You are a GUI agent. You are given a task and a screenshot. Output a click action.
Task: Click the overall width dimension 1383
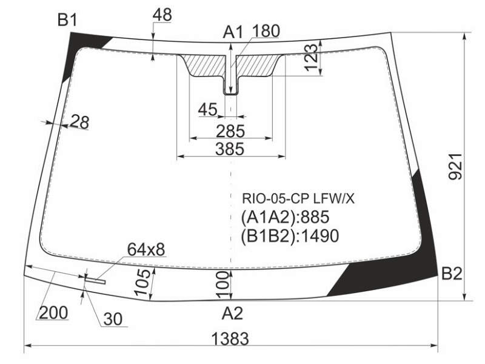pyautogui.click(x=230, y=338)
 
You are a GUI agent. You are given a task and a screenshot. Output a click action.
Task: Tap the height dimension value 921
pyautogui.click(x=456, y=166)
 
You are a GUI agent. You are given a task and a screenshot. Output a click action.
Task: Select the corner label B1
pyautogui.click(x=67, y=21)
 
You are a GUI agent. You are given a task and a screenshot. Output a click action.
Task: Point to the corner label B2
pyautogui.click(x=452, y=274)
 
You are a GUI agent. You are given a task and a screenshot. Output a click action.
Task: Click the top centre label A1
pyautogui.click(x=233, y=32)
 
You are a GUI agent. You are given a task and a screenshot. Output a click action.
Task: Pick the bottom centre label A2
pyautogui.click(x=232, y=313)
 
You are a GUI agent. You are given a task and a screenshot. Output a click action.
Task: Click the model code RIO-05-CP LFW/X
pyautogui.click(x=298, y=199)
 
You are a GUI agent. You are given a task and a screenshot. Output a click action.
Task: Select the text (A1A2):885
pyautogui.click(x=285, y=217)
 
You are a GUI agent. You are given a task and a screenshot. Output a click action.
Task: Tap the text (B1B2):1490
pyautogui.click(x=290, y=236)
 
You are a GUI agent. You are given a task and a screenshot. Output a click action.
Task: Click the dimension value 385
pyautogui.click(x=230, y=149)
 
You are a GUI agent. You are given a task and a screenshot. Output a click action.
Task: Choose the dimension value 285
pyautogui.click(x=230, y=131)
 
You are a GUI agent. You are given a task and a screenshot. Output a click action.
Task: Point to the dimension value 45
pyautogui.click(x=207, y=109)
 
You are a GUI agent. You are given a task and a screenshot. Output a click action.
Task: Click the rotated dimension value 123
pyautogui.click(x=311, y=58)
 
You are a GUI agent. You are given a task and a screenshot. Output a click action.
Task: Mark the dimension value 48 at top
pyautogui.click(x=162, y=15)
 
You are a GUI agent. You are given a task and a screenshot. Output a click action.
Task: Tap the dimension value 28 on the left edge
pyautogui.click(x=80, y=122)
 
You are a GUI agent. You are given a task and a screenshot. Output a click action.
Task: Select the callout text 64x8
pyautogui.click(x=146, y=249)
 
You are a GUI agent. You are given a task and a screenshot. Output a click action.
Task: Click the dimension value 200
pyautogui.click(x=53, y=312)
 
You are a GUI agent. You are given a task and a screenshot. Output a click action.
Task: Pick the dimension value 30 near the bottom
pyautogui.click(x=113, y=319)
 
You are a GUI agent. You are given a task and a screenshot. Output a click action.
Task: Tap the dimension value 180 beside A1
pyautogui.click(x=266, y=31)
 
